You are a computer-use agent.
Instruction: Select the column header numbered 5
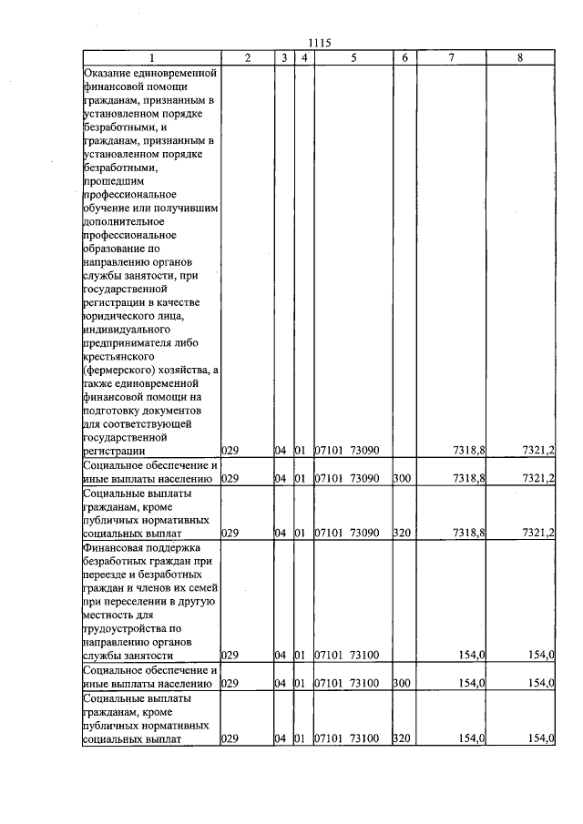tap(351, 57)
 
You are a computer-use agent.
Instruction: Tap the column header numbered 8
tap(519, 57)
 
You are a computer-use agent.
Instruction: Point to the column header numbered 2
tap(248, 57)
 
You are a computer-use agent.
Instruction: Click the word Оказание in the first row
tap(107, 72)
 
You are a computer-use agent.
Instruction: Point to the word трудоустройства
tap(126, 628)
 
